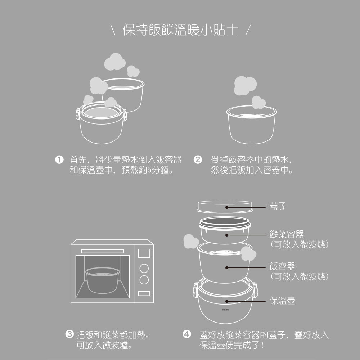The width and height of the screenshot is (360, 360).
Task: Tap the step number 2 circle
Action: click(x=198, y=159)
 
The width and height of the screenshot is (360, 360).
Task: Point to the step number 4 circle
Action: click(x=186, y=335)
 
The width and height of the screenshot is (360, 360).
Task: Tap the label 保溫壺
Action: click(x=282, y=301)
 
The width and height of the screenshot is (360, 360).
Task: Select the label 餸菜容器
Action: click(x=287, y=235)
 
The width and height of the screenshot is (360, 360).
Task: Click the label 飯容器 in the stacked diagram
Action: click(x=282, y=266)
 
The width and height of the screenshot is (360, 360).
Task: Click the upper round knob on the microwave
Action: click(x=144, y=268)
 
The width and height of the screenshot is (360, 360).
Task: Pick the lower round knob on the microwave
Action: click(x=144, y=280)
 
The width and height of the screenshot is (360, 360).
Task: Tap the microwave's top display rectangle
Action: click(x=144, y=253)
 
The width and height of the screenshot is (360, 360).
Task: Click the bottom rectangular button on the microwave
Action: click(x=144, y=293)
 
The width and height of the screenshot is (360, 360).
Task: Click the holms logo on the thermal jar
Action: click(x=225, y=309)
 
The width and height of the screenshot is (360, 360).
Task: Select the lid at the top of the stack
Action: click(x=225, y=207)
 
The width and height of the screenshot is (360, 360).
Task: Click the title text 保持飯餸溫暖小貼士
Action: click(x=180, y=30)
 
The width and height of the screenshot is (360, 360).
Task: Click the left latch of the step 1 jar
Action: click(x=77, y=114)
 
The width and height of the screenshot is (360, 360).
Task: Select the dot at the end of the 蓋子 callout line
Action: click(x=227, y=207)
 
